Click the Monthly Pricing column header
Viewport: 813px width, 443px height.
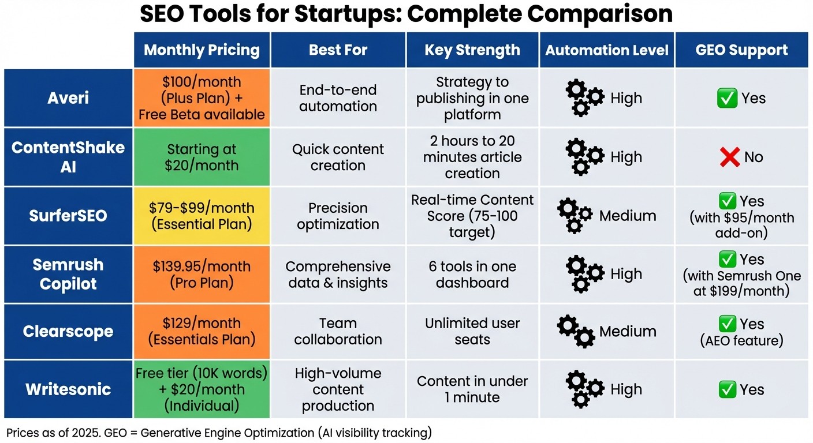point(202,50)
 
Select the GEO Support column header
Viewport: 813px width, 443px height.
point(741,50)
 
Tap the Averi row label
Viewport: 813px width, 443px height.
point(68,98)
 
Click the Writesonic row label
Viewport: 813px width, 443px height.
point(68,389)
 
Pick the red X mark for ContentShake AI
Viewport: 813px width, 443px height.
point(730,157)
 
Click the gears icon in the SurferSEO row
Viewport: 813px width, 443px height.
point(575,216)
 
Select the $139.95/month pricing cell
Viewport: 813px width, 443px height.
point(202,274)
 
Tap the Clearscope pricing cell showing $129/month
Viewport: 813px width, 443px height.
point(202,332)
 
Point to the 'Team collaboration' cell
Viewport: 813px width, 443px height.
point(338,332)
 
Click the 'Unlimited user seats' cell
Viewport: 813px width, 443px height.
point(472,332)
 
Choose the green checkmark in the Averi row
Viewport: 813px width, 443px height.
point(727,98)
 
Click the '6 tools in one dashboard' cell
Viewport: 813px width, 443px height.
point(472,274)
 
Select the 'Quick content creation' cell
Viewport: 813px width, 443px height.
point(338,157)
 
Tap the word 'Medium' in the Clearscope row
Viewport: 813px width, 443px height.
point(627,332)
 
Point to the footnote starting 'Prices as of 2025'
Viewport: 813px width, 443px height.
point(218,432)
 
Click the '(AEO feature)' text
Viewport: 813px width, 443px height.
point(741,340)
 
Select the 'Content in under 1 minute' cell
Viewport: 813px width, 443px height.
point(472,389)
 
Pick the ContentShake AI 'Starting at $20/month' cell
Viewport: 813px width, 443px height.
point(202,157)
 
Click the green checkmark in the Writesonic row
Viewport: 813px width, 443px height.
point(727,389)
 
